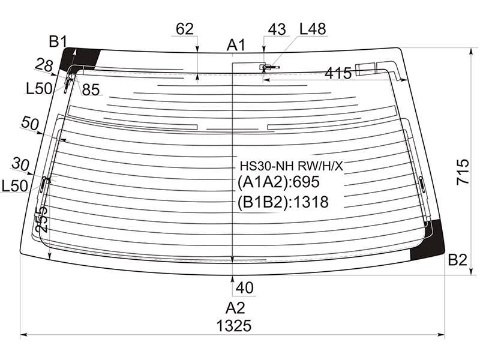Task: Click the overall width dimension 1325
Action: tap(234, 326)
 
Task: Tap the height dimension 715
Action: tap(463, 172)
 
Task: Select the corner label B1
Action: tap(58, 41)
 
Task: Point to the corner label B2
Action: tap(457, 260)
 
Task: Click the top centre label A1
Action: tap(236, 46)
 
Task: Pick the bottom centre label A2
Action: tap(235, 308)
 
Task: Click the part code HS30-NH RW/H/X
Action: tap(292, 166)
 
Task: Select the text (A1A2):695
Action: tap(278, 182)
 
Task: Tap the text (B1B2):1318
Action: tap(283, 202)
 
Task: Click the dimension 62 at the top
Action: tap(185, 29)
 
